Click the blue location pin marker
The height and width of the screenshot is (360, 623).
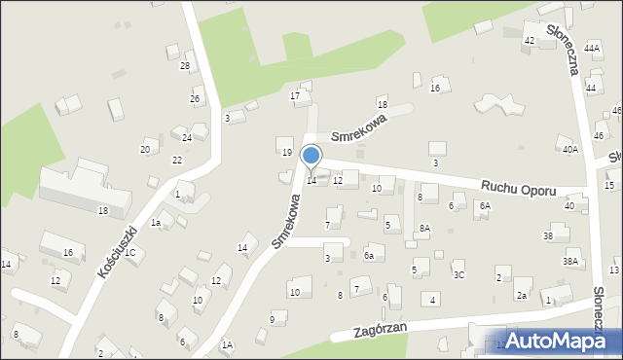pyautogui.click(x=311, y=156)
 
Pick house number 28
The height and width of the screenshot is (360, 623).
pyautogui.click(x=185, y=66)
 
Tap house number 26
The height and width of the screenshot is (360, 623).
pyautogui.click(x=195, y=99)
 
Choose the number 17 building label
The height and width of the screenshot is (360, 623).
pyautogui.click(x=295, y=95)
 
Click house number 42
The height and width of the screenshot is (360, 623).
pyautogui.click(x=530, y=40)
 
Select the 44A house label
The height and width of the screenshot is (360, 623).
pyautogui.click(x=592, y=48)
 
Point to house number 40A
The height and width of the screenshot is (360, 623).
pyautogui.click(x=569, y=149)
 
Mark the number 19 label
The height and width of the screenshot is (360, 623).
pyautogui.click(x=286, y=153)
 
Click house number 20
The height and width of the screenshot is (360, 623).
pyautogui.click(x=145, y=149)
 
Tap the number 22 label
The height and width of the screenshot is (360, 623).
pyautogui.click(x=177, y=160)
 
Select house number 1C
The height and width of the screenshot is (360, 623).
pyautogui.click(x=129, y=253)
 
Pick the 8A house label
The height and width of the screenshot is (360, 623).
pyautogui.click(x=424, y=228)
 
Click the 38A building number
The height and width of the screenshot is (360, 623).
pyautogui.click(x=570, y=262)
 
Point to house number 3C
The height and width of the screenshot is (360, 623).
pyautogui.click(x=459, y=275)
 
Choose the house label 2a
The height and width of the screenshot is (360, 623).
pyautogui.click(x=522, y=296)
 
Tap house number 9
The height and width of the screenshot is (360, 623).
pyautogui.click(x=272, y=319)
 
